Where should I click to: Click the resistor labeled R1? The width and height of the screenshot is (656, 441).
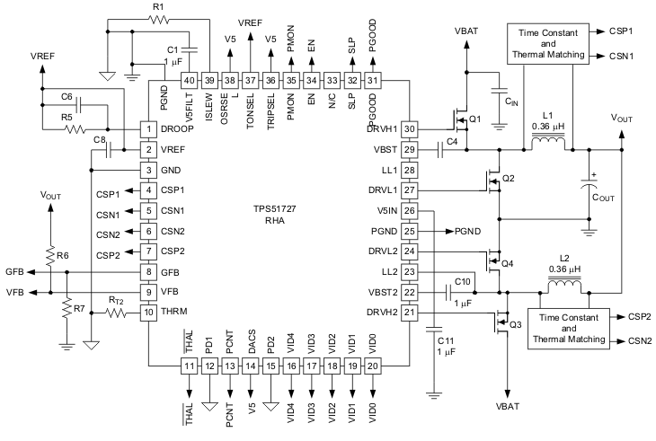coord(159,18)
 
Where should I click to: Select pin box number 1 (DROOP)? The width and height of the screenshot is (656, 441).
coord(148,129)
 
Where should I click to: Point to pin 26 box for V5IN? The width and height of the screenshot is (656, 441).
coord(410,211)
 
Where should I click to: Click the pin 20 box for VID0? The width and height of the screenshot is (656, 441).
coord(373,366)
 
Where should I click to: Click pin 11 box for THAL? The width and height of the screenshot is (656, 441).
coord(189,366)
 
